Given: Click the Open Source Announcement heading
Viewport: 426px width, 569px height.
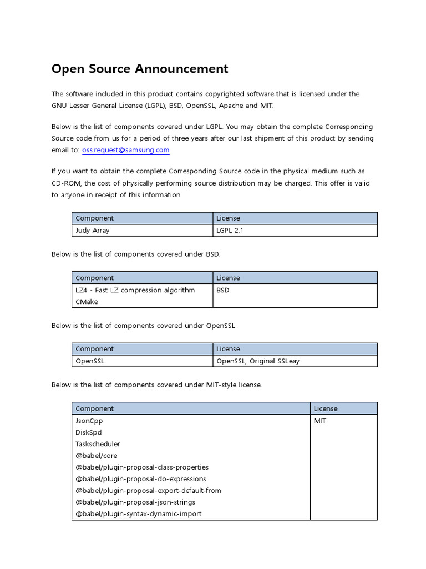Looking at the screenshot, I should pos(140,69).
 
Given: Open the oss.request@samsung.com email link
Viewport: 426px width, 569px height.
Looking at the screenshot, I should pos(125,150).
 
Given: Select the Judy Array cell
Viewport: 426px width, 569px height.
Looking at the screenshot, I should pos(93,231).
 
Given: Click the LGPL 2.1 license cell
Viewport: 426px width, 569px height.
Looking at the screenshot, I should pos(230,231).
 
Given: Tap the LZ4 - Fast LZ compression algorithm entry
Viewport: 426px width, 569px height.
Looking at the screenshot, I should pos(135,290).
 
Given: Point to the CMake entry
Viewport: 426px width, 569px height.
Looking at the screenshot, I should pos(87,302).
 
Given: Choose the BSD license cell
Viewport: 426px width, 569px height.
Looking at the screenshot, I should pos(223,290).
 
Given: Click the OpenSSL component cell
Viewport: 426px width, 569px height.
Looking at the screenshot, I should pos(90,361).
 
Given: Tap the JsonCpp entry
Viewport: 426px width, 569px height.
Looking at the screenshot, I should pos(89,421).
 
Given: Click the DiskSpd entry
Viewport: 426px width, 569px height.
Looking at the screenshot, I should pos(89,432).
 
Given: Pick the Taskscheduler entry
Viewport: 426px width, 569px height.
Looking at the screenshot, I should pos(98,444).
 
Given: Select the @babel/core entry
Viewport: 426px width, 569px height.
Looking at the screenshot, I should pos(96,456).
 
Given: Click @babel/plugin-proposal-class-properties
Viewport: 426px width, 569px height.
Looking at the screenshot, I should pos(142,467).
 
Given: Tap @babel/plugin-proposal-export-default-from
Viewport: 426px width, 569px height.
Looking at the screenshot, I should pos(148,491).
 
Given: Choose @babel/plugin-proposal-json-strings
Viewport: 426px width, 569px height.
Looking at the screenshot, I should pos(135,502).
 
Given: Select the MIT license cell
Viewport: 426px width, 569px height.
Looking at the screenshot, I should pos(320,421).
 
